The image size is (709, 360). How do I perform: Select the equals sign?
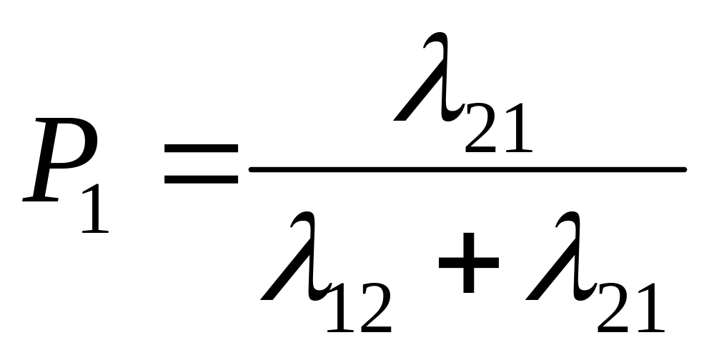coord(201,162)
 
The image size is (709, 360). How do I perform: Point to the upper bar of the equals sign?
coord(201,148)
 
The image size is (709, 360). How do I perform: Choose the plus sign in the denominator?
coord(467,264)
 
